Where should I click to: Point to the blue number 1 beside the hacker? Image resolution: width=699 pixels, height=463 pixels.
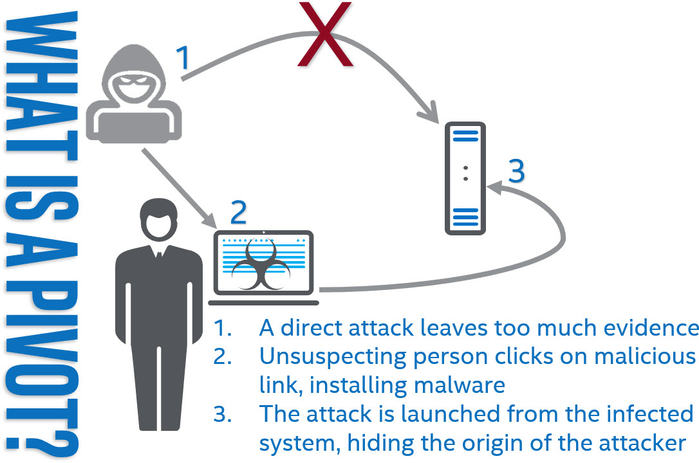tap(183, 57)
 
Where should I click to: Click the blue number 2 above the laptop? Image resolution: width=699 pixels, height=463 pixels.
tap(238, 213)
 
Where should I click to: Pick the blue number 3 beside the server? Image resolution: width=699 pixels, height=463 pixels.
tap(516, 171)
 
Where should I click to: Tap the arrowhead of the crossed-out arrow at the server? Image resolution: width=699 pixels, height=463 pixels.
tap(429, 116)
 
